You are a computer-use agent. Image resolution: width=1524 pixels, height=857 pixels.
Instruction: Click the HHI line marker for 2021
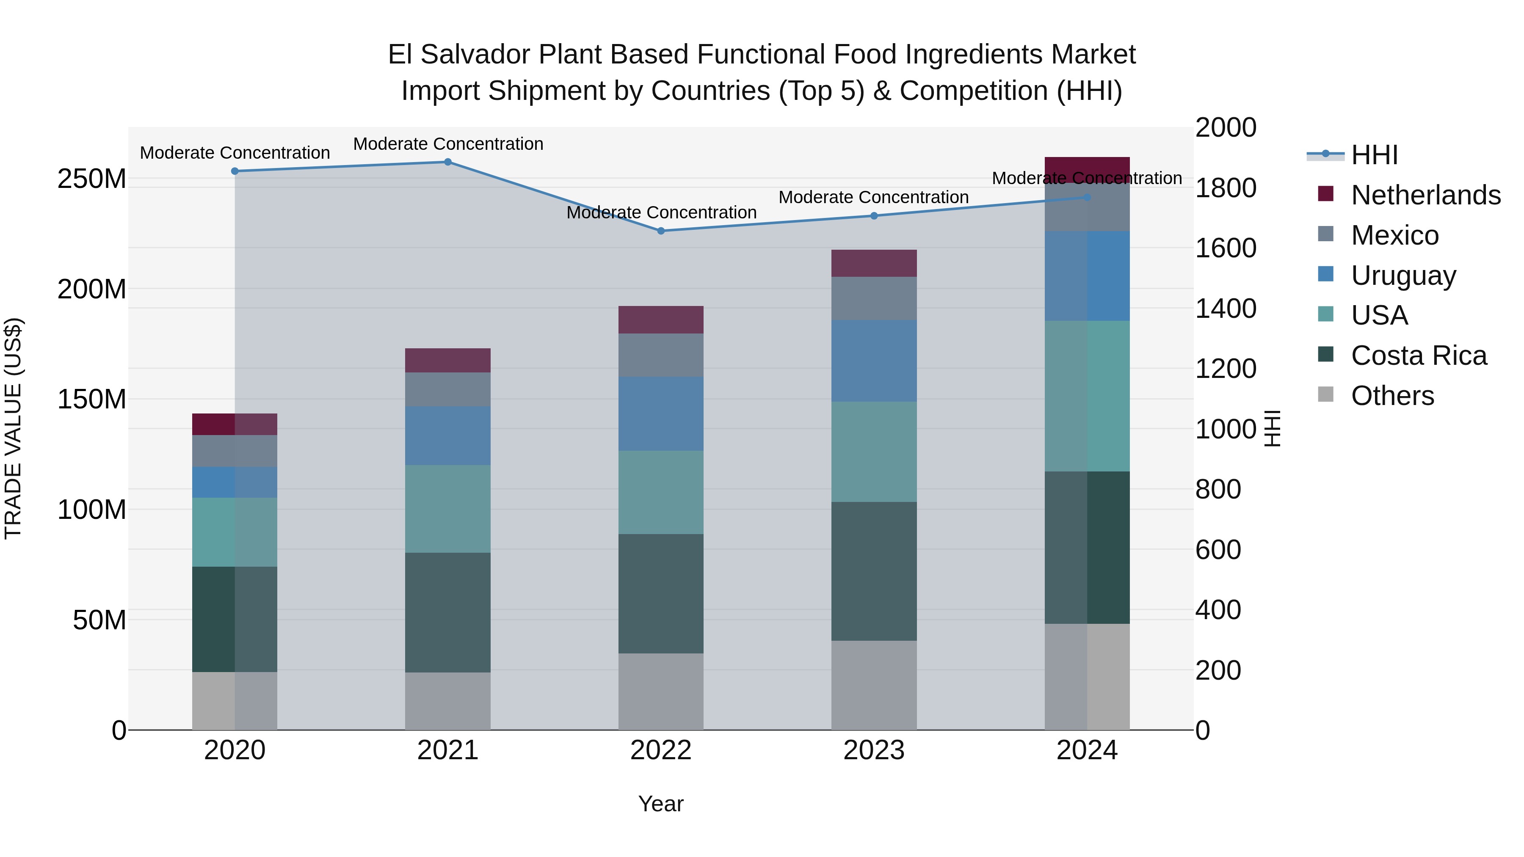click(x=448, y=162)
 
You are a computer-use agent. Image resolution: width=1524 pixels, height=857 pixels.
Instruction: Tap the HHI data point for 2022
click(x=661, y=231)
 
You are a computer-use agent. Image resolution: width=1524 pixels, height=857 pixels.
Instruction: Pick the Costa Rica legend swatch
click(x=1326, y=355)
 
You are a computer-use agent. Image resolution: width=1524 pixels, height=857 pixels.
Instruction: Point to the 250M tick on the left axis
click(x=92, y=179)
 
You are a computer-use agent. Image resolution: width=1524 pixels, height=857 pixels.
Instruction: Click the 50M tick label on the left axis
click(x=99, y=620)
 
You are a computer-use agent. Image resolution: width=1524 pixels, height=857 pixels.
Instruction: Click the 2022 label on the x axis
click(x=661, y=750)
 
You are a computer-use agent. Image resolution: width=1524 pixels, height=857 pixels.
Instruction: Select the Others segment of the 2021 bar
click(x=448, y=701)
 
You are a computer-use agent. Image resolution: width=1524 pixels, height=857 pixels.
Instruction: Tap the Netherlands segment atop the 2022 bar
click(x=661, y=320)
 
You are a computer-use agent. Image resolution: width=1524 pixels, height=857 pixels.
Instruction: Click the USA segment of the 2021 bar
click(x=448, y=509)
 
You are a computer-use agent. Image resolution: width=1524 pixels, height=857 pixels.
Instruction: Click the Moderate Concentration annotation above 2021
click(x=448, y=144)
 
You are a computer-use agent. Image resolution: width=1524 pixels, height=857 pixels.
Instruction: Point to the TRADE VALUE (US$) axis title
click(x=13, y=428)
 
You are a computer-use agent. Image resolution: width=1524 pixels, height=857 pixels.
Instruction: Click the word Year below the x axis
click(x=661, y=804)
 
